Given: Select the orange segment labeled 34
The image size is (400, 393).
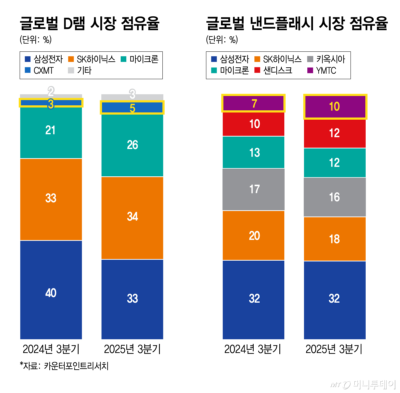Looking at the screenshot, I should pos(132,217).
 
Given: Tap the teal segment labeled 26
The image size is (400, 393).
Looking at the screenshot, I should pos(132,145).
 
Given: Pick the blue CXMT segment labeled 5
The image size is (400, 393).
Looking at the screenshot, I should pos(132,108).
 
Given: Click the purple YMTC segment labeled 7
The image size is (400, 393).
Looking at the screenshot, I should pos(254,103).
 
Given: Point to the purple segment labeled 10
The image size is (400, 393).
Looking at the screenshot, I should pos(335,107).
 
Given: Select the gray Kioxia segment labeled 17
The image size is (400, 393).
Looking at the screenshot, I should pos(254,189).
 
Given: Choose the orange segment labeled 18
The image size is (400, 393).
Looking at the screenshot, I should pos(335,239).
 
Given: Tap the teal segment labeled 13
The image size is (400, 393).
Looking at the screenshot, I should pos(254,152).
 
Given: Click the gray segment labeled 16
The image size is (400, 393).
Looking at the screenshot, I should pos(335,197).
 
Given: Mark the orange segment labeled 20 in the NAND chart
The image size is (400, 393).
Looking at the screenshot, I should pos(254,235).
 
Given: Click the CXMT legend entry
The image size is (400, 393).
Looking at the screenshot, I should pos(39,71).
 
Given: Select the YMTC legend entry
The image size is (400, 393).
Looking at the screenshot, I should pos(322,71).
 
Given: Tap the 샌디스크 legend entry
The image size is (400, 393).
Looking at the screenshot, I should pos(273,71).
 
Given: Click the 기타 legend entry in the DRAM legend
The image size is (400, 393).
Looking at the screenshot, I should pos(80,71).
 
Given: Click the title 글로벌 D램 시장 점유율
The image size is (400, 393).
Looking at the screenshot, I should pos(89,23).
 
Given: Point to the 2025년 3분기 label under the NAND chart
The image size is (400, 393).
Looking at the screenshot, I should pos(334,349).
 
